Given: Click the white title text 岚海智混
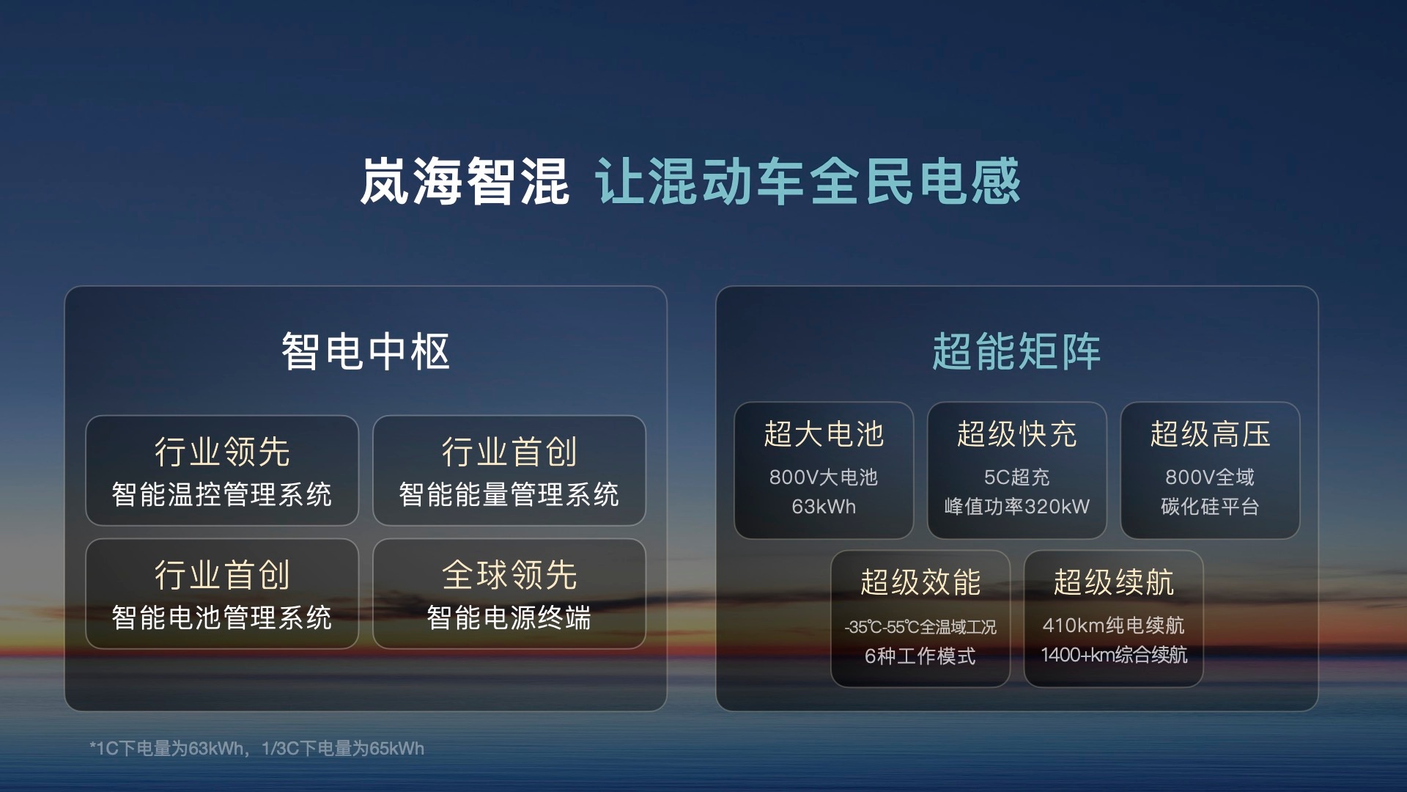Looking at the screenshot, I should [464, 181].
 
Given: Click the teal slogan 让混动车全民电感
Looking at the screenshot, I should [808, 181].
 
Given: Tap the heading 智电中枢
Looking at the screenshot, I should [365, 351].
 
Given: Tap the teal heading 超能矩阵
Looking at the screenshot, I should [1016, 351].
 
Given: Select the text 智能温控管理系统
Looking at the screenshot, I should [222, 494].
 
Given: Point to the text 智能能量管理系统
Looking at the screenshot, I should [509, 494].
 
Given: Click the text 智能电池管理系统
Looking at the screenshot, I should [222, 617].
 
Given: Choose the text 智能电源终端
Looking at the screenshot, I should [509, 617].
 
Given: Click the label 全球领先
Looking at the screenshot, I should [509, 575].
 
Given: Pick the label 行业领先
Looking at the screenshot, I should [222, 452].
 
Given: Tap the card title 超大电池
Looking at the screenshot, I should [824, 434].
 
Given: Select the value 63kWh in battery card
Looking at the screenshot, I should [824, 507].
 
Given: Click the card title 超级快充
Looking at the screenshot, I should [1016, 434].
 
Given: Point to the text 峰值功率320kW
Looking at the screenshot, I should [1016, 507].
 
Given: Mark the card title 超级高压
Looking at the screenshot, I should [1210, 434].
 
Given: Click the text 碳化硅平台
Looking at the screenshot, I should [1210, 507].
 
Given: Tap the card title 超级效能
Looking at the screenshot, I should [920, 582].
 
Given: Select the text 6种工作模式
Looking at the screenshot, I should [920, 656].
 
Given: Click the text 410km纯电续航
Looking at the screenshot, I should [1113, 626].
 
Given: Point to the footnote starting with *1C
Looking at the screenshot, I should [256, 749].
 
